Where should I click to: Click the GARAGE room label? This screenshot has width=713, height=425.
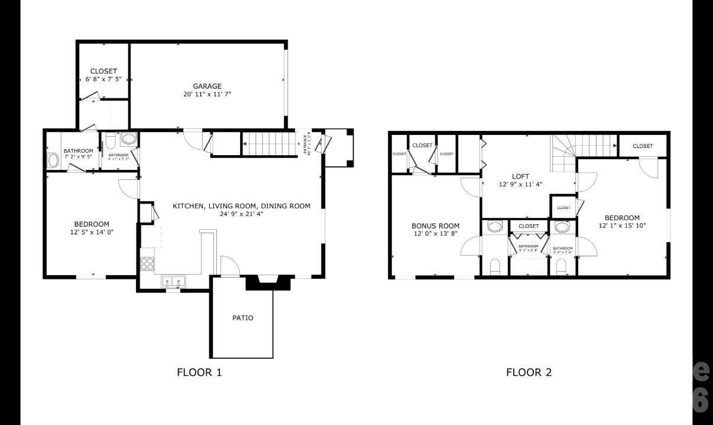[x=207, y=86]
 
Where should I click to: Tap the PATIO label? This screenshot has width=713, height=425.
[x=242, y=318]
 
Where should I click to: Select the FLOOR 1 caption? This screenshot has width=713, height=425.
[x=199, y=372]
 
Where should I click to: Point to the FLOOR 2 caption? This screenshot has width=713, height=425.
[x=529, y=372]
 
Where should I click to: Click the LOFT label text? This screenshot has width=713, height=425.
[x=520, y=176]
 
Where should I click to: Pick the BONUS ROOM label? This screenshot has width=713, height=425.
[x=435, y=226]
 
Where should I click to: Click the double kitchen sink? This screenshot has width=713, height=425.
[x=173, y=281]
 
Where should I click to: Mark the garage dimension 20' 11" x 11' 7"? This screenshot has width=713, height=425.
[x=207, y=94]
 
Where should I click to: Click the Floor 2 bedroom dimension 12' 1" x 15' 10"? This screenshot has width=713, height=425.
[x=622, y=226]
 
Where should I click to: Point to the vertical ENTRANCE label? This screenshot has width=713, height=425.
[x=306, y=144]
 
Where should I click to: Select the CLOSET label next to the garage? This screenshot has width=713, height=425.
[x=103, y=71]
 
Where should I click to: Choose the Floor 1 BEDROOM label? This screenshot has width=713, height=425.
[x=92, y=224]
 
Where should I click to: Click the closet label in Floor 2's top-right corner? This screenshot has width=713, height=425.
[x=643, y=146]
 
